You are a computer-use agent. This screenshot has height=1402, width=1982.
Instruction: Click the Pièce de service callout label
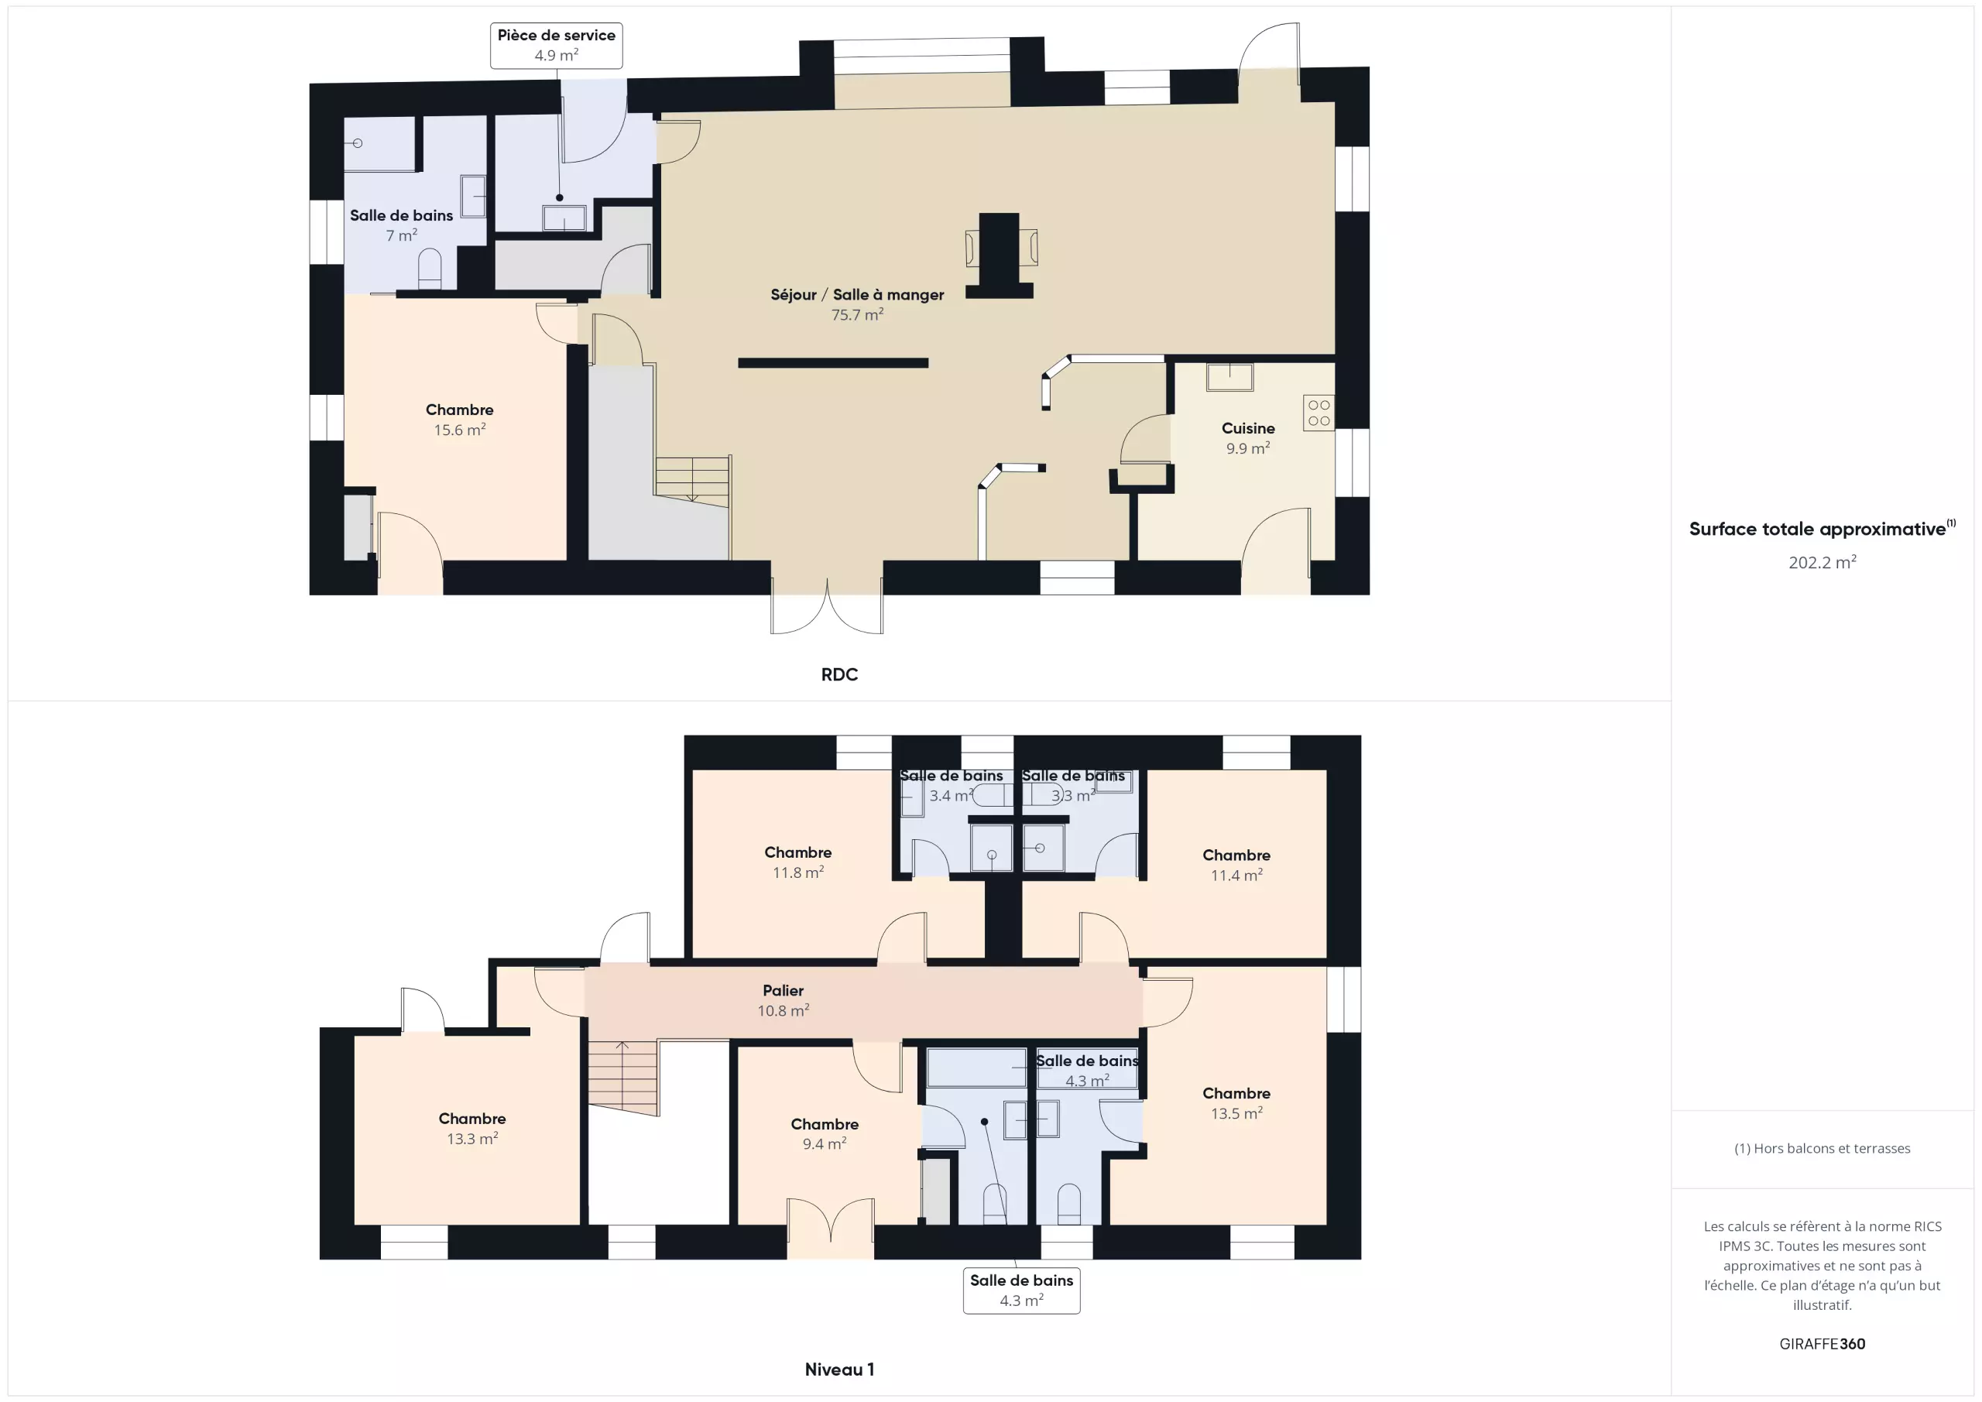(556, 46)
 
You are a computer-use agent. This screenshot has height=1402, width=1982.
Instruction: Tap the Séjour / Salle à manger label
(857, 295)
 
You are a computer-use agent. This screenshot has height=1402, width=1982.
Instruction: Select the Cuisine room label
(1247, 428)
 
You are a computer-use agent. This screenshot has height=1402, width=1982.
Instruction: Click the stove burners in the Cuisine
(1318, 413)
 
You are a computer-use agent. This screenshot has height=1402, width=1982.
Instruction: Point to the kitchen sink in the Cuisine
(1229, 377)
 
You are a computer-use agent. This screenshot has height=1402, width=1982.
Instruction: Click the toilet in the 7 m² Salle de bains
(430, 269)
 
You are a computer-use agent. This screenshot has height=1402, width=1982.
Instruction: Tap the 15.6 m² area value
(459, 430)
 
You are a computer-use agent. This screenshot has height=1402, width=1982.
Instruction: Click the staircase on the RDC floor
(692, 478)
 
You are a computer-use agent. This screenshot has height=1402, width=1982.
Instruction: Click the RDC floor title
(839, 674)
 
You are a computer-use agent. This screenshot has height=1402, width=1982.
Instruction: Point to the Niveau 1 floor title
(839, 1369)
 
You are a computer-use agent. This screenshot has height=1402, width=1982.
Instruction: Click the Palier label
(783, 990)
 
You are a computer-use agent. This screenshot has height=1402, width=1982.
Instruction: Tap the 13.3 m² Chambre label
(472, 1128)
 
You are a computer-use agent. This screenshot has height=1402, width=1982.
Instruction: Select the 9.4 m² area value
(825, 1144)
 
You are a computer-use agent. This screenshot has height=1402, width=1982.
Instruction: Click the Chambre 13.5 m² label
(1236, 1103)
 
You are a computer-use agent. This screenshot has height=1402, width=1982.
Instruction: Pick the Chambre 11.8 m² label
(797, 862)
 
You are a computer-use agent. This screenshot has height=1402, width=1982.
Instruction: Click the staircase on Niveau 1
(623, 1078)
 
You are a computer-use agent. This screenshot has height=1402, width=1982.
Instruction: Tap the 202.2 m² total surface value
(1823, 562)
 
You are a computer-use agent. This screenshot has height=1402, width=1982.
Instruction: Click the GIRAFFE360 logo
(1823, 1344)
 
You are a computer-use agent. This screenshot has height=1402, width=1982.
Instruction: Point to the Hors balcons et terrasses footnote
(1823, 1148)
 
